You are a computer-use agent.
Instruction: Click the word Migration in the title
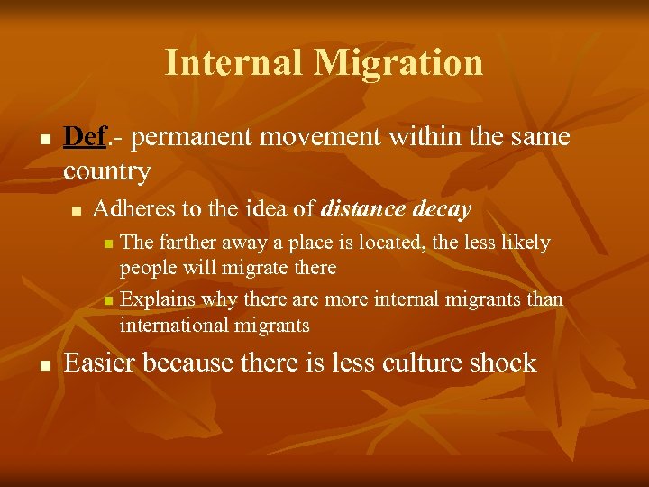(x=398, y=63)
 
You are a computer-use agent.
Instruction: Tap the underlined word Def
(x=85, y=137)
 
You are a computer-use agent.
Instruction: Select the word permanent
(x=188, y=138)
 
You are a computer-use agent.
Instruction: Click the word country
(x=106, y=170)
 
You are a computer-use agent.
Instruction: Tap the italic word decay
(x=442, y=210)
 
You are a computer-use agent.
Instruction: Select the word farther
(x=185, y=243)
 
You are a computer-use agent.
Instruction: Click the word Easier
(x=100, y=363)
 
